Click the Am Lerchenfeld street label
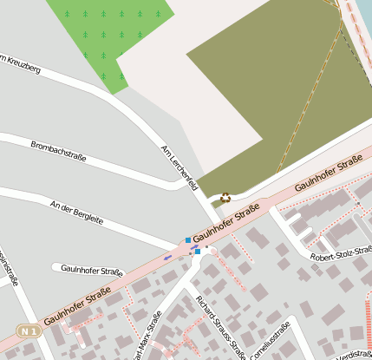pyautogui.click(x=180, y=167)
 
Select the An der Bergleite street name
pyautogui.click(x=76, y=213)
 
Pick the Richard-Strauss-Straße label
pyautogui.click(x=220, y=326)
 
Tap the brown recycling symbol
pyautogui.click(x=225, y=197)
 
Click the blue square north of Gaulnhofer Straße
pyautogui.click(x=188, y=239)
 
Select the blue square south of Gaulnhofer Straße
pyautogui.click(x=198, y=252)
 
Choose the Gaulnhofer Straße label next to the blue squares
pyautogui.click(x=226, y=224)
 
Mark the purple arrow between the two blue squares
pyautogui.click(x=194, y=247)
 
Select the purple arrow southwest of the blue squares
pyautogui.click(x=168, y=257)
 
